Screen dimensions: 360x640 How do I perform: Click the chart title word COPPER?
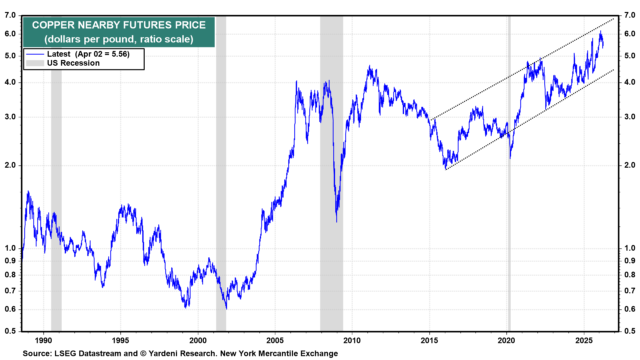pos(53,25)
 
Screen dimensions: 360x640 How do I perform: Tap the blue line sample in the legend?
pos(35,54)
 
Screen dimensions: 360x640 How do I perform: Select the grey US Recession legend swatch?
pos(35,63)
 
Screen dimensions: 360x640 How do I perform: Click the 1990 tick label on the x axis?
pos(43,340)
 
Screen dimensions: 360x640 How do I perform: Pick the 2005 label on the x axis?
pos(275,340)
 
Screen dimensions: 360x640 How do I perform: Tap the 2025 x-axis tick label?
pos(584,340)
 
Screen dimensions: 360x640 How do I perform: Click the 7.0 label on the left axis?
pos(10,15)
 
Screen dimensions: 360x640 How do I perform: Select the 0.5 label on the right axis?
pos(630,331)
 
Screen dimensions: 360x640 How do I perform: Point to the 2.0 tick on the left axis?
pos(10,165)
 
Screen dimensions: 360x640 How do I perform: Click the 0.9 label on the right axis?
pos(630,261)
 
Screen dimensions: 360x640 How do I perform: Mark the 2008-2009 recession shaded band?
pos(331,167)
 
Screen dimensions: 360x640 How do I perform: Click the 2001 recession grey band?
pos(221,167)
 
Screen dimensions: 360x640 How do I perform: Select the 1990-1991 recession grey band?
pos(56,167)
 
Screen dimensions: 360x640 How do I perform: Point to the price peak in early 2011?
pos(370,66)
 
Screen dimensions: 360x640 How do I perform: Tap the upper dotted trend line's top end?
pos(613,19)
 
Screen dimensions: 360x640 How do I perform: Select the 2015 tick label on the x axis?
pos(429,340)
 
